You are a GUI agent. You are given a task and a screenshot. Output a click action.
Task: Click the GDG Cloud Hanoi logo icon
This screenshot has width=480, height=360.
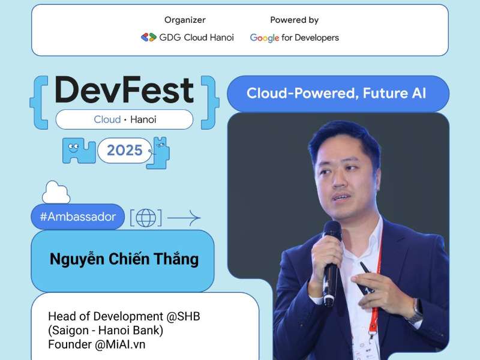point(148,37)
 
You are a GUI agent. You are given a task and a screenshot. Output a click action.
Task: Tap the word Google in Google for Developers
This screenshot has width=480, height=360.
point(265,38)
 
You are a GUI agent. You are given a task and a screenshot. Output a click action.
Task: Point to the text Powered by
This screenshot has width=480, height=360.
point(294,20)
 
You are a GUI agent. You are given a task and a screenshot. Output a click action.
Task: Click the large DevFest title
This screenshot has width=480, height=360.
point(124,90)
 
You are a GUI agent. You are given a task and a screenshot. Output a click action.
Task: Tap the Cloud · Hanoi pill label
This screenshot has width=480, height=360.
point(125,119)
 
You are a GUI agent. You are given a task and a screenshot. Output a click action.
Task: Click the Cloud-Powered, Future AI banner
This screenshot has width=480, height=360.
point(337,94)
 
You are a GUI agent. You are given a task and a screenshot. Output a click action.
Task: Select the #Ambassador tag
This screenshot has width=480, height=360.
point(77,217)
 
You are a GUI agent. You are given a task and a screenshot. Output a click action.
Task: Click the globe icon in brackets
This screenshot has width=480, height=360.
point(146,218)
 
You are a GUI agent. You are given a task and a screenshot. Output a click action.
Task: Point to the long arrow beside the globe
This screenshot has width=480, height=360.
point(184,217)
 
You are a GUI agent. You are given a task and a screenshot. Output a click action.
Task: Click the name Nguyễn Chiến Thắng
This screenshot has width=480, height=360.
point(124,260)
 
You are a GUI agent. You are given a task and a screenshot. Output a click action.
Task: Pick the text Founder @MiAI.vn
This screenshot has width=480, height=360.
point(97,344)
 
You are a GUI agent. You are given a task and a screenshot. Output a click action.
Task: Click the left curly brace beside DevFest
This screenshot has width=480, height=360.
point(39,102)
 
